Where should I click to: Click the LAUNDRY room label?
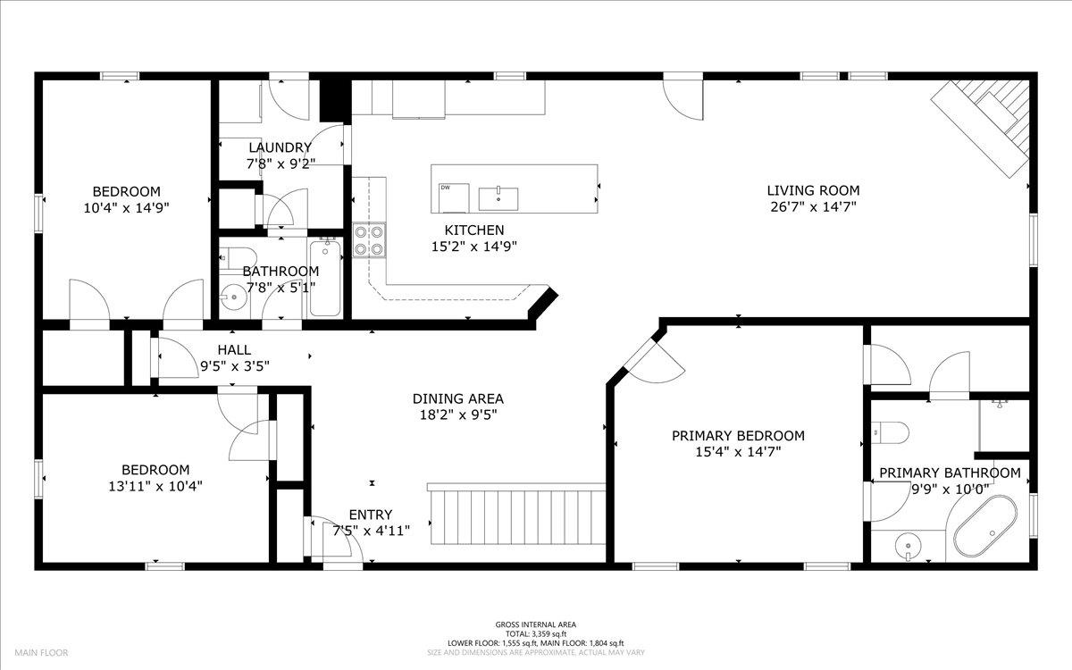coord(280,147)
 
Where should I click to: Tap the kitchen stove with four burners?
coord(369,240)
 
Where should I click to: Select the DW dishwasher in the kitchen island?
coord(454,197)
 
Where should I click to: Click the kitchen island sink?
coord(498,198)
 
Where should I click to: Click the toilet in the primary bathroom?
coord(890,432)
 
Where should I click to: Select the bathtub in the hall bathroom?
coord(325,278)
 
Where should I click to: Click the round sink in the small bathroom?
coord(233,297)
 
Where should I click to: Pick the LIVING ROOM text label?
coord(813,190)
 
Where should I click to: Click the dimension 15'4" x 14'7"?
coord(738,452)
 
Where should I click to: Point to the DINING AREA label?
coord(458,398)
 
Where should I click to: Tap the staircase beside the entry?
coord(517,514)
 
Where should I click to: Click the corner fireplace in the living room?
coord(982,127)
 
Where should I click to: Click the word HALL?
coord(234,350)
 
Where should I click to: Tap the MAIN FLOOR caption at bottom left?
coord(41,652)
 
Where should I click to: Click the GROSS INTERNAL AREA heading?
coord(535,624)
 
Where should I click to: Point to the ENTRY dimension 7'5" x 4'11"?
coord(372,531)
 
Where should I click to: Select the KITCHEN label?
coord(474,230)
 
